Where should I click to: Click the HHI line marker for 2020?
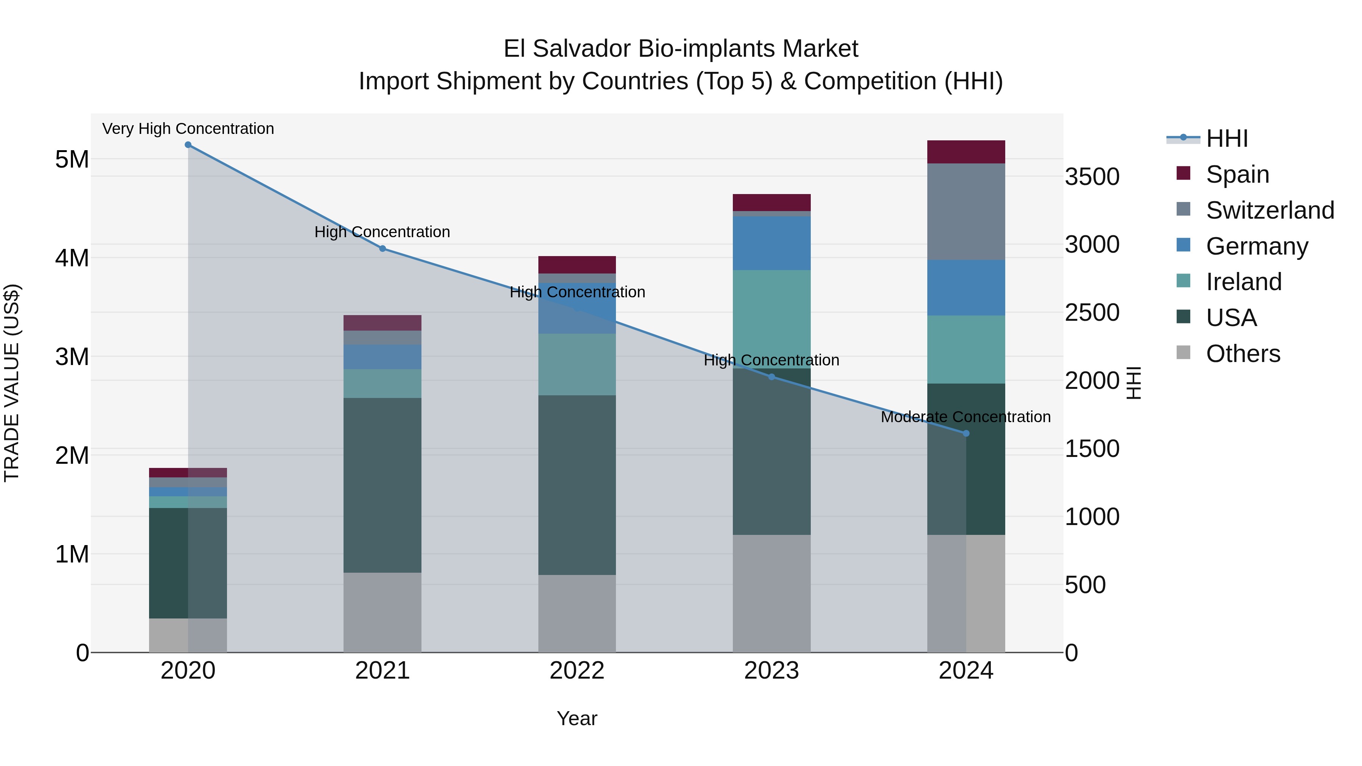[x=188, y=145]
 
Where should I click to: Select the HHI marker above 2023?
[x=771, y=377]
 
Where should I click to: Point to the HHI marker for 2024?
[x=966, y=433]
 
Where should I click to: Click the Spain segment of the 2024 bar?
[x=966, y=152]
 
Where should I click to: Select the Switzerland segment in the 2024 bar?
[x=966, y=211]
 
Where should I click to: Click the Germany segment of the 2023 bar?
[x=771, y=243]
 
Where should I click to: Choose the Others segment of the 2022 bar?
[x=577, y=613]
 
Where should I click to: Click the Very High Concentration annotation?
[x=188, y=129]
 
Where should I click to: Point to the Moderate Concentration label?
[x=966, y=417]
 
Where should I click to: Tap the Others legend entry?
[x=1242, y=354]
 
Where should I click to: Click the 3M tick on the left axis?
[x=72, y=357]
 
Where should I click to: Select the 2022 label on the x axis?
[x=577, y=671]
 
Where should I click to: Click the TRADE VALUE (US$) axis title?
[x=12, y=383]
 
